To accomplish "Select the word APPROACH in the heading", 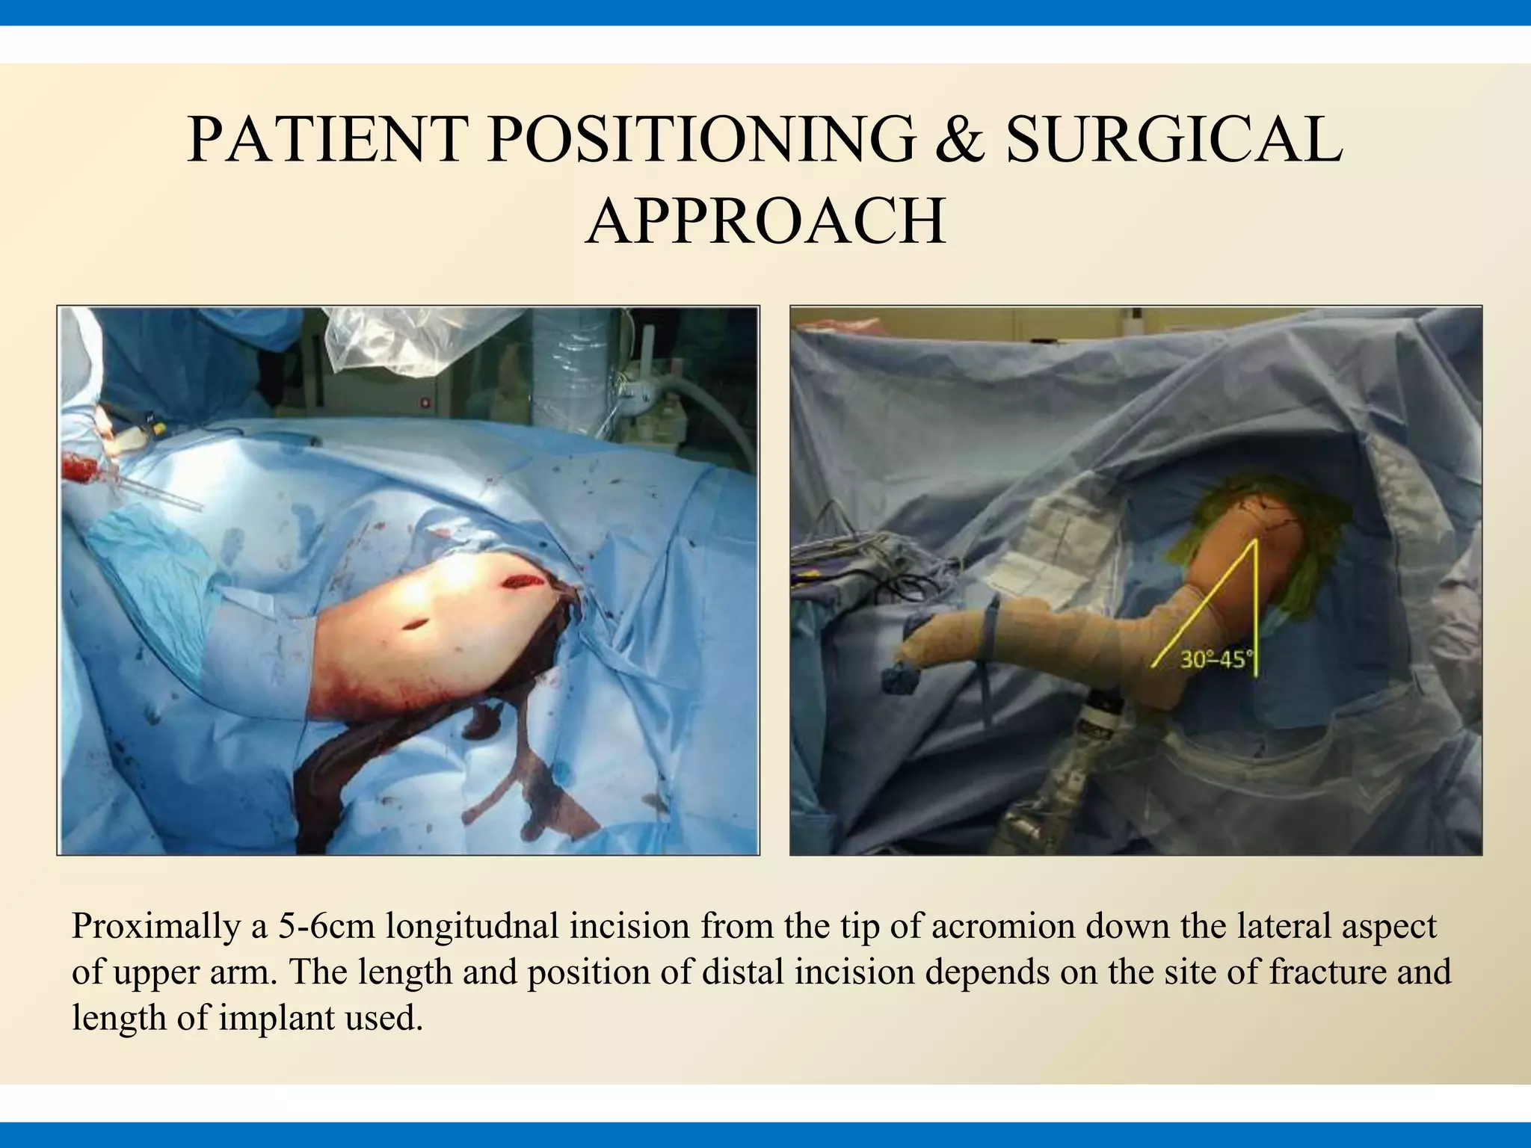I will (x=765, y=221).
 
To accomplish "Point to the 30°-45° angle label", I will (x=1216, y=660).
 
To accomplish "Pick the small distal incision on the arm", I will (x=413, y=625).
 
